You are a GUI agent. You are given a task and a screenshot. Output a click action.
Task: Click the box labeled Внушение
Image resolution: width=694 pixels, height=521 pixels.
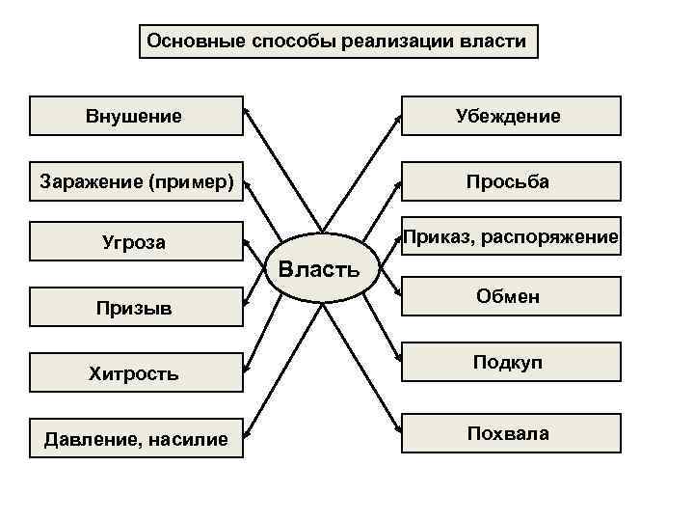click(136, 116)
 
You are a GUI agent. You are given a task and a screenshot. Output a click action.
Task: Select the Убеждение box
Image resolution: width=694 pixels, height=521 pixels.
click(511, 116)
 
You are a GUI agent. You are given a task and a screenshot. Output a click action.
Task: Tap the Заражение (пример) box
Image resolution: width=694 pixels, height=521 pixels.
click(136, 180)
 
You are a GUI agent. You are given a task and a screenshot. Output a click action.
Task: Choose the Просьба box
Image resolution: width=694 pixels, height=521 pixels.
click(511, 180)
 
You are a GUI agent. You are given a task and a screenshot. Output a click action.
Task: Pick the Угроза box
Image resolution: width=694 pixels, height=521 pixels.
click(136, 242)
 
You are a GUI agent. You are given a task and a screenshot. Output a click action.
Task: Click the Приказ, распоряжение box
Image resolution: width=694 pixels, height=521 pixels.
click(511, 236)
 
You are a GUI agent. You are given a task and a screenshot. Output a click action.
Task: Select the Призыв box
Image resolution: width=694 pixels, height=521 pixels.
click(136, 308)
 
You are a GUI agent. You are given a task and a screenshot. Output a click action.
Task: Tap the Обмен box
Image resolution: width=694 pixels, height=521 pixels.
click(511, 297)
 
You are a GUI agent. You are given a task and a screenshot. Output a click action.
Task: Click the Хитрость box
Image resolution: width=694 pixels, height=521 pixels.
click(136, 372)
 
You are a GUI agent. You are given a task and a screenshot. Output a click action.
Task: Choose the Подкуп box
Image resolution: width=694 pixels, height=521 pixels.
click(511, 363)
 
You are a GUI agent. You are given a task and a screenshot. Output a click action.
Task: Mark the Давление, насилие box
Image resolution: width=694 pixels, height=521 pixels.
click(136, 439)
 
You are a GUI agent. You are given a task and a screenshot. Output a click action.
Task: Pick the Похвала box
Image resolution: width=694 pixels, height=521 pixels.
click(511, 433)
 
